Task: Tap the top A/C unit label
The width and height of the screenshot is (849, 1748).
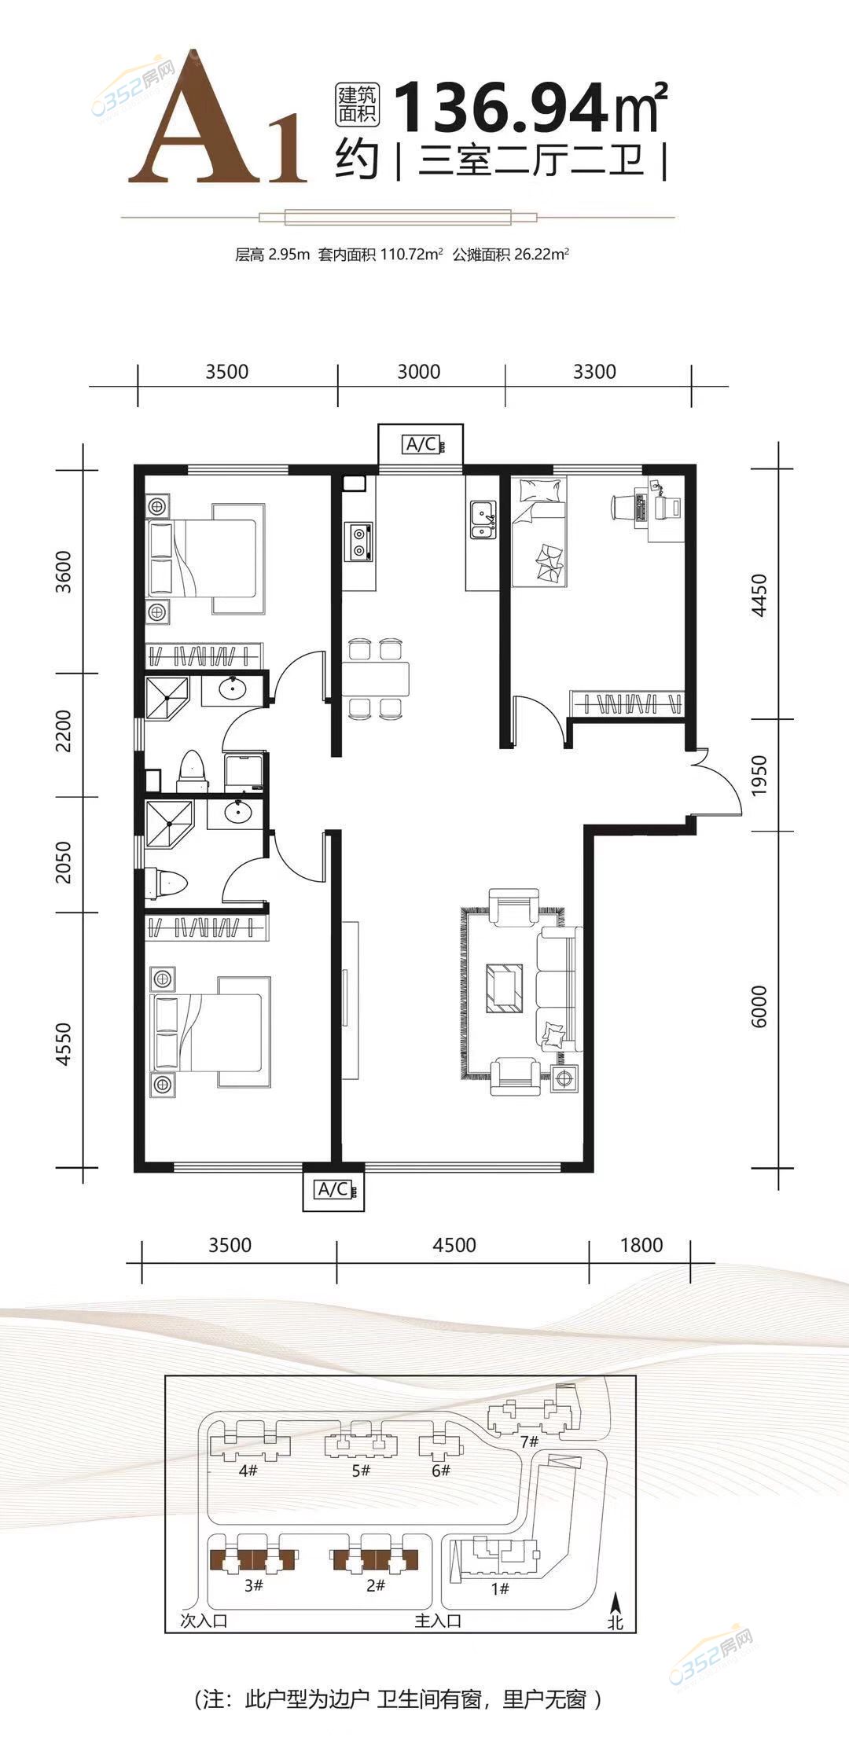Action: (x=421, y=445)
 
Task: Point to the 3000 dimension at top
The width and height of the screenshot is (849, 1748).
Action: (x=419, y=371)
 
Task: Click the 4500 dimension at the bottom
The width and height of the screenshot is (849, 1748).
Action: (x=454, y=1245)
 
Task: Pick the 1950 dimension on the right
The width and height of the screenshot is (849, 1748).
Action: (x=759, y=775)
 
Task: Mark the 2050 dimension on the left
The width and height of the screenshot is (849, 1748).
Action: (x=64, y=862)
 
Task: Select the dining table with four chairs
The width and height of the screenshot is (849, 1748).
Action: (x=376, y=678)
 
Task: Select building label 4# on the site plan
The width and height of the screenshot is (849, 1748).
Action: (x=248, y=1470)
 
